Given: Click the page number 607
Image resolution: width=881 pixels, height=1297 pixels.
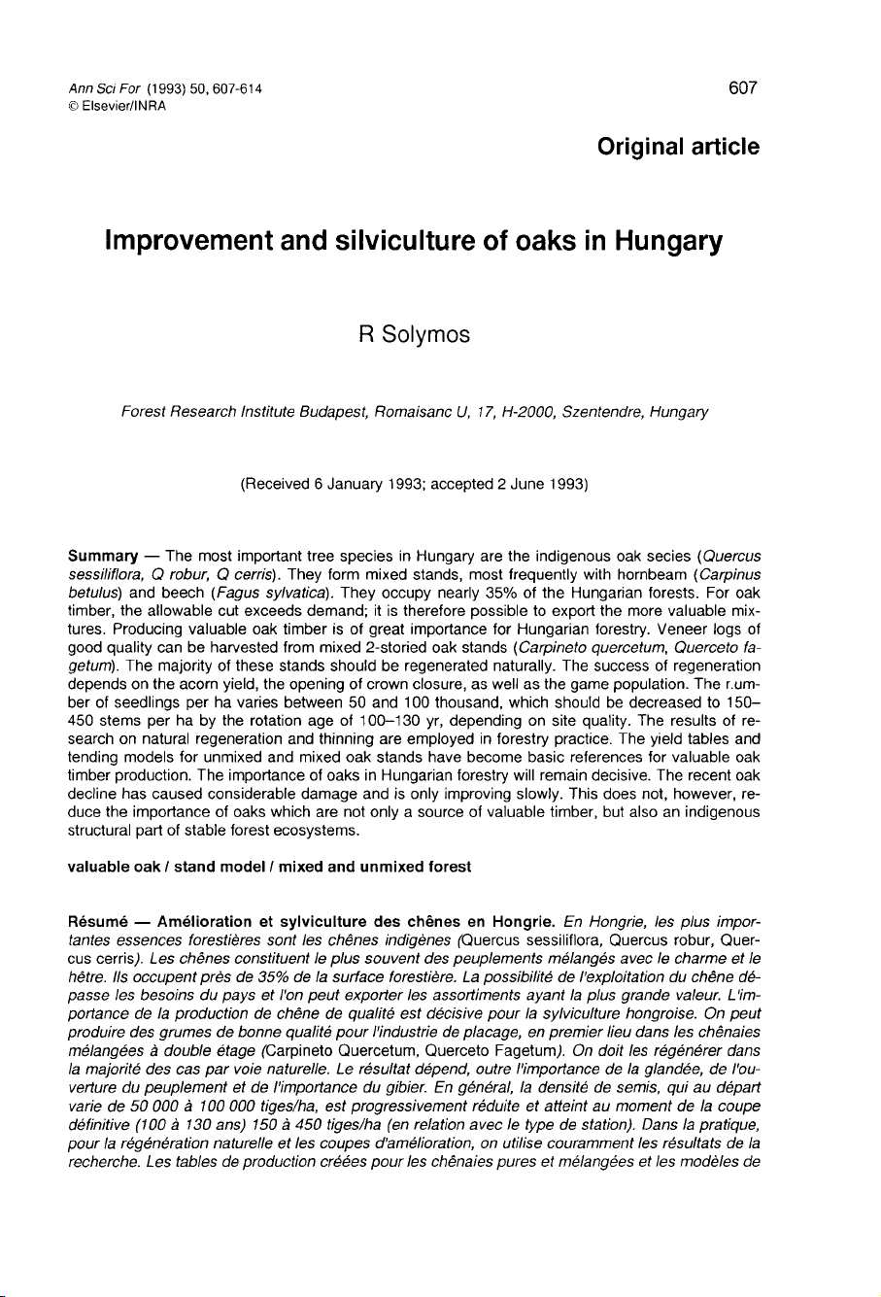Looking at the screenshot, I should click(x=741, y=88).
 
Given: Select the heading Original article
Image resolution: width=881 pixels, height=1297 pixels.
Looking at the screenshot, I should click(x=678, y=147).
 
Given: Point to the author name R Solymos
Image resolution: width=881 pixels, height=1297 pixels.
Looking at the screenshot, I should click(x=415, y=335).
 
